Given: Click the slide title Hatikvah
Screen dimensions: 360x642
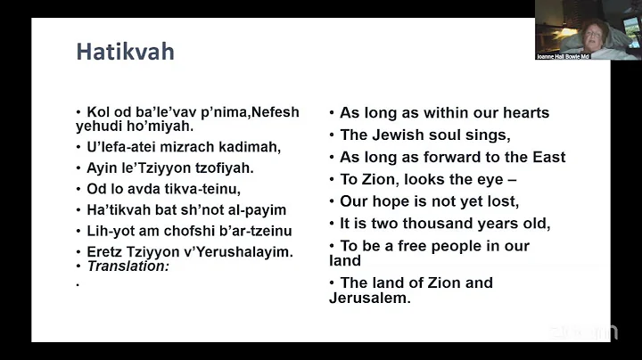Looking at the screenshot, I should pos(125,52).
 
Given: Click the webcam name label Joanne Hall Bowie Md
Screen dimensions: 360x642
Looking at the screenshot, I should pos(563,56).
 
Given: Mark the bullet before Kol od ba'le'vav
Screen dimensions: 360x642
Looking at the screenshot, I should pos(78,112).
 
